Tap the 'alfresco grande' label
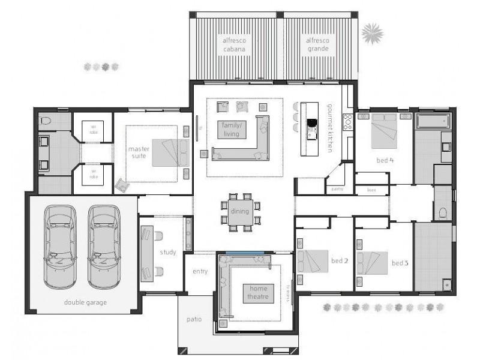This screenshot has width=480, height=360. pos(318,44)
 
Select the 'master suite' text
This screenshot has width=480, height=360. pos(139,152)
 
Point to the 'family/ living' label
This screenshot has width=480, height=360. pos(231,129)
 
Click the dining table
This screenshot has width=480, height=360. pos(241,212)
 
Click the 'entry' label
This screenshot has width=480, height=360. pos(200,271)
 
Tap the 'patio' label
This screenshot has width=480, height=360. pos(193,319)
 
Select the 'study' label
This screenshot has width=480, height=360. pos(168,252)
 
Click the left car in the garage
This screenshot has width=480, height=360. pos(60,246)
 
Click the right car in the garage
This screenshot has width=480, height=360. pos(104,246)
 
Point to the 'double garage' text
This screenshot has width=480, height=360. pos(85,302)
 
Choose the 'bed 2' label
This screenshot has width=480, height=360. pos(340,261)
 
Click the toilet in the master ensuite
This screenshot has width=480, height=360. pos(45,121)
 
